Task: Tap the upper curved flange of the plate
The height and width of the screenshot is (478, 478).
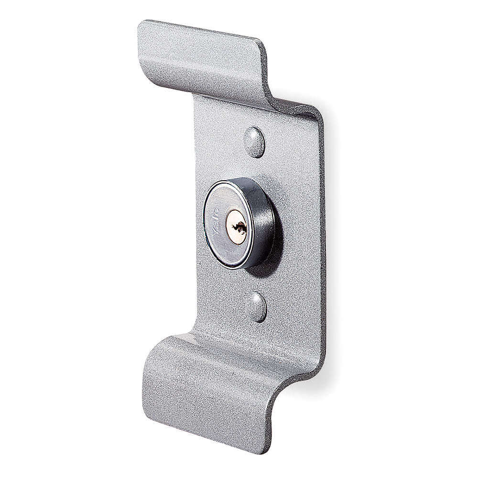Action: coord(201,62)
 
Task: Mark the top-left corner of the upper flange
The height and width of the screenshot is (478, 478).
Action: coord(141,24)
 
